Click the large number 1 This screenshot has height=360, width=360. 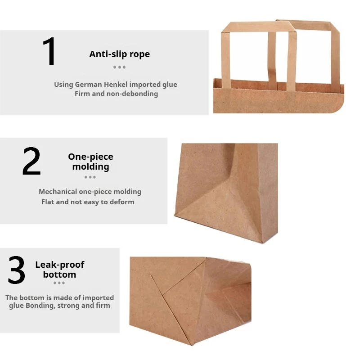pyautogui.click(x=49, y=52)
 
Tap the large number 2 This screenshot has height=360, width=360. pyautogui.click(x=31, y=162)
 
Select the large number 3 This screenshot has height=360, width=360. pyautogui.click(x=17, y=270)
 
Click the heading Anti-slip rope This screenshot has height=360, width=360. pyautogui.click(x=119, y=54)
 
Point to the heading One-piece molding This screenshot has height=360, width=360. pyautogui.click(x=90, y=162)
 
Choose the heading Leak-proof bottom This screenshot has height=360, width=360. pyautogui.click(x=59, y=269)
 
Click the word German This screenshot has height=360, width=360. pyautogui.click(x=90, y=85)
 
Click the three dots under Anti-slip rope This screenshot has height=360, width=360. pyautogui.click(x=119, y=67)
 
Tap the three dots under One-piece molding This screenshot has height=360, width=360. pyautogui.click(x=90, y=177)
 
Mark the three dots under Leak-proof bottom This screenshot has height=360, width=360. pyautogui.click(x=59, y=283)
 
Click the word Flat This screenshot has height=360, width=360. pyautogui.click(x=48, y=202)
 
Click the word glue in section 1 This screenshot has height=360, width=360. pyautogui.click(x=169, y=85)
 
